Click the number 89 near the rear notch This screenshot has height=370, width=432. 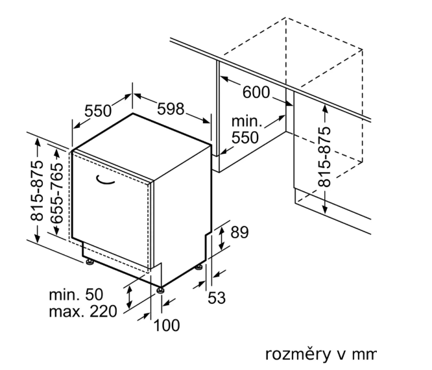(239, 232)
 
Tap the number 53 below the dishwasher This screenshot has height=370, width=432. (217, 299)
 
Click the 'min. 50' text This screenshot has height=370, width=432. (76, 295)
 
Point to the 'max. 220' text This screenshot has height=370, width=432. (83, 312)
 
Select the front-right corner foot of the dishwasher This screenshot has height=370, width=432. (160, 287)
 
